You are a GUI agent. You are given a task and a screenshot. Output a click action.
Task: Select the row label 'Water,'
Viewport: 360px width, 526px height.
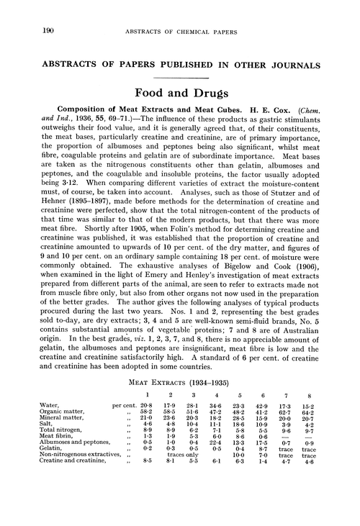click(50, 406)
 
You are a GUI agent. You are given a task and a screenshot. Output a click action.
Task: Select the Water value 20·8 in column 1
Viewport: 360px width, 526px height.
click(148, 406)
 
